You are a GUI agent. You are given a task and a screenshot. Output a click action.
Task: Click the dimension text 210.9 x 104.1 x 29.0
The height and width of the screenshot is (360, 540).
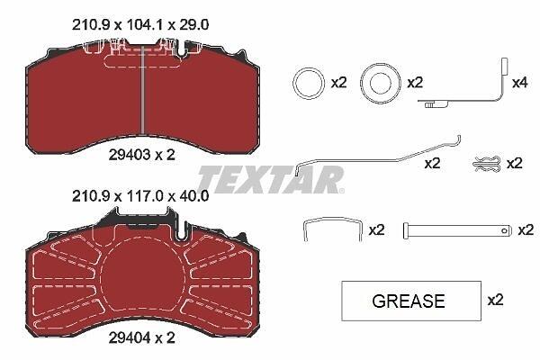tap(140, 25)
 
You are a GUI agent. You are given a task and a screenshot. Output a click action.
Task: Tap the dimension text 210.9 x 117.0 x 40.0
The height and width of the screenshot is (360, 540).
tap(140, 196)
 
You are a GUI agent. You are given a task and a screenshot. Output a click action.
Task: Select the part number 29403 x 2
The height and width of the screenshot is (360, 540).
tap(142, 155)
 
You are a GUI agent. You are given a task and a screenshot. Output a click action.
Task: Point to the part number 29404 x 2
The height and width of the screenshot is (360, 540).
tap(142, 338)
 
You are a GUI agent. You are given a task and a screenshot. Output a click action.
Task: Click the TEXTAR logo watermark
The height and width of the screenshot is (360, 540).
tap(271, 180)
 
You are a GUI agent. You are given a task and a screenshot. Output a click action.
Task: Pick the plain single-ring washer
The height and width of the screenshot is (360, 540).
tap(293, 84)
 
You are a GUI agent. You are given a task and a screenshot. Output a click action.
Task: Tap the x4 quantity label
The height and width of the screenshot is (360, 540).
tap(519, 83)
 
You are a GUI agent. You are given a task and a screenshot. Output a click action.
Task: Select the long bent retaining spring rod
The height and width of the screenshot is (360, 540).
tap(379, 160)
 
